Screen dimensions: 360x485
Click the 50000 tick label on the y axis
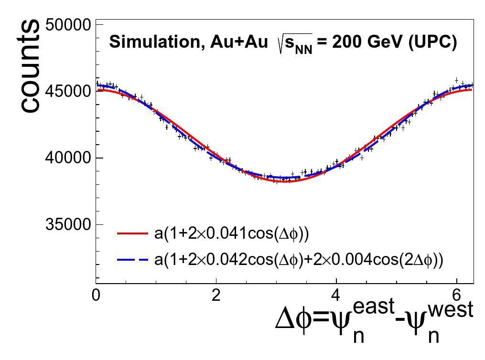click(x=67, y=24)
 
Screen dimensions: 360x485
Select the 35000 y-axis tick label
click(x=67, y=224)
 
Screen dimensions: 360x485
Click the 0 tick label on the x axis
click(x=97, y=295)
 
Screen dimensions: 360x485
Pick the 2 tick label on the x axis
click(x=216, y=295)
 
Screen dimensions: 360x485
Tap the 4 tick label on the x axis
click(x=336, y=295)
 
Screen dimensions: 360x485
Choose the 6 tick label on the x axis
click(x=457, y=295)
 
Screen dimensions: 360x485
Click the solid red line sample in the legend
click(x=132, y=233)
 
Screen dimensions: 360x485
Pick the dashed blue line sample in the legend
click(x=132, y=260)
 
